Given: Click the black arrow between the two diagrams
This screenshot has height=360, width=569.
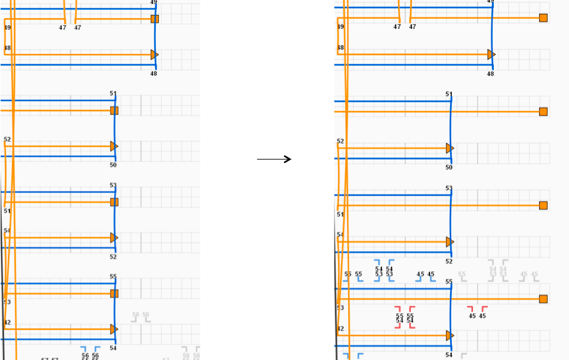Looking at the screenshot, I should [274, 159].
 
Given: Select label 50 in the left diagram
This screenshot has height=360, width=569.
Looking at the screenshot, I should [113, 165].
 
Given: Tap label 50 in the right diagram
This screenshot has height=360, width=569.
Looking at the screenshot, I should [449, 167].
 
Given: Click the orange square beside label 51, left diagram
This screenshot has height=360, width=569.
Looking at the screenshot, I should [114, 111].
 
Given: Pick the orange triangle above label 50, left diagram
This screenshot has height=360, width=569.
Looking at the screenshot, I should [114, 146].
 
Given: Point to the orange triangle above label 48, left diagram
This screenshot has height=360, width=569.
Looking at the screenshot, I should [155, 55].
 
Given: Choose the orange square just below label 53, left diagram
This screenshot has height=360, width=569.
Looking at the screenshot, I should [114, 202].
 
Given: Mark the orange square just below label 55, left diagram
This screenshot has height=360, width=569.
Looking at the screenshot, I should [114, 294].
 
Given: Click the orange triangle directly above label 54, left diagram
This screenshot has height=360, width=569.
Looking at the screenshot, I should [114, 329].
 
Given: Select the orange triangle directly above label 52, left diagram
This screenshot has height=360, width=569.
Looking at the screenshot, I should [114, 238].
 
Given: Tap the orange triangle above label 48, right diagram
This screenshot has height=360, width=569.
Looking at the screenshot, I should [491, 54].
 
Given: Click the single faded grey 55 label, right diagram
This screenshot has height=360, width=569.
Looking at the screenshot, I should [462, 274].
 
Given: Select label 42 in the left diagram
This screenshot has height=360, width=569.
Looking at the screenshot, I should [7, 323].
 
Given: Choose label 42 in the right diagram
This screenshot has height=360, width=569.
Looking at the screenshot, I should [340, 329].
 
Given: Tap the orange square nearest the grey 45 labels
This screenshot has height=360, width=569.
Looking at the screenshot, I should [543, 299].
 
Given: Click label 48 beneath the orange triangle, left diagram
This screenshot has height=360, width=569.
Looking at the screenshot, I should [153, 73].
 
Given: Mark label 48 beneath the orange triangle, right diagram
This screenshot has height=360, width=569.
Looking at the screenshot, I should [490, 73].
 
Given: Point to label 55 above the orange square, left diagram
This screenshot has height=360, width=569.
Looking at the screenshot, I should [112, 277].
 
